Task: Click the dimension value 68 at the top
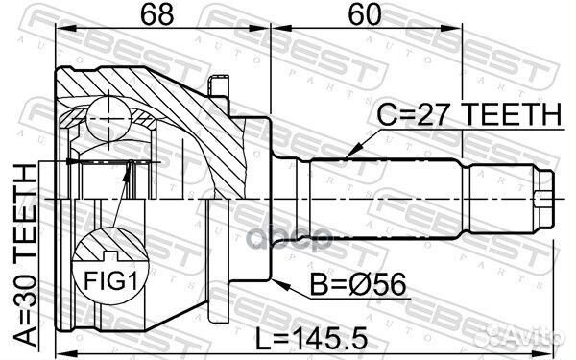[x=146, y=17]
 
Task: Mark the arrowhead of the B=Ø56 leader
[x=277, y=282]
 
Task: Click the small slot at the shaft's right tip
[x=546, y=201]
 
